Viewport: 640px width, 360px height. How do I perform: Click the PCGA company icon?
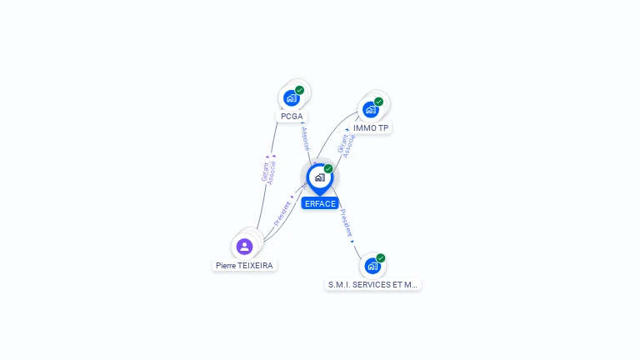click(292, 98)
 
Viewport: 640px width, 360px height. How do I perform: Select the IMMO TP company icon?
click(371, 110)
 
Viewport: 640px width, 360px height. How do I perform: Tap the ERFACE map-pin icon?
click(320, 179)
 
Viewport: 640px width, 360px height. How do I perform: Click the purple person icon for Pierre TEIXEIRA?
click(244, 247)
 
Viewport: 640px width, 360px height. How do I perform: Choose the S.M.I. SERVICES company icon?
click(372, 266)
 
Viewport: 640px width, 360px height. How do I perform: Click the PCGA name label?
click(292, 117)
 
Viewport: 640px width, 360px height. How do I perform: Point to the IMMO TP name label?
click(371, 128)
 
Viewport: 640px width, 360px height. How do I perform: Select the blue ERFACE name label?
click(320, 203)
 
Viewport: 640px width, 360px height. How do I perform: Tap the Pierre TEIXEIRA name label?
click(244, 266)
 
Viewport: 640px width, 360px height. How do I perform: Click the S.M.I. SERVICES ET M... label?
click(372, 284)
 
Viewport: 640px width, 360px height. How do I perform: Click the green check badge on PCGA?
click(300, 90)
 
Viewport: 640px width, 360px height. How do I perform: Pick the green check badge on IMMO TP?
click(379, 102)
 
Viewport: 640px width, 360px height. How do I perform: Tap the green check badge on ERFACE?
click(328, 168)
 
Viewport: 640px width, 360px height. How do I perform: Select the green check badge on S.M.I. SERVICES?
click(381, 258)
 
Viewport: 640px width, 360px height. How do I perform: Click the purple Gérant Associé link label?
click(268, 172)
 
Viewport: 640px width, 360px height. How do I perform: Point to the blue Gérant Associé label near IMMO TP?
click(346, 145)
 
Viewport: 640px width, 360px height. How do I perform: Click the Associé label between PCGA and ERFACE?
click(306, 138)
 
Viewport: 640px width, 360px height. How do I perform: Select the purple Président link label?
click(282, 213)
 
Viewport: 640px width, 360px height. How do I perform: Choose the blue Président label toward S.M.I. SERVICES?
click(346, 222)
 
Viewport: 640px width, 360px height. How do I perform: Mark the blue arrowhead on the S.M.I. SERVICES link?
click(352, 242)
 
